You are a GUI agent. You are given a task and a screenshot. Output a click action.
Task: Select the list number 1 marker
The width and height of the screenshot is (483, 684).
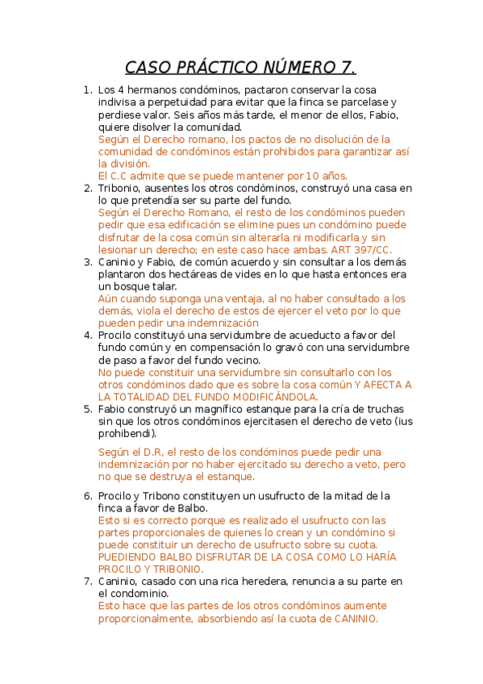pyautogui.click(x=87, y=90)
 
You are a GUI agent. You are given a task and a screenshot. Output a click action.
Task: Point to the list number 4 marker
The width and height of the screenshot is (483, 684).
pyautogui.click(x=87, y=335)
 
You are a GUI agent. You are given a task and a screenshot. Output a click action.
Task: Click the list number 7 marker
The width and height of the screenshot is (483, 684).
pyautogui.click(x=87, y=581)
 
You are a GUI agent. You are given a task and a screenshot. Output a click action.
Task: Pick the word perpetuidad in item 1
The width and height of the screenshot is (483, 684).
pyautogui.click(x=187, y=102)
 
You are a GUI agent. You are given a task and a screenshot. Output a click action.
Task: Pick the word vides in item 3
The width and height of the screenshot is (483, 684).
pyautogui.click(x=263, y=274)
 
